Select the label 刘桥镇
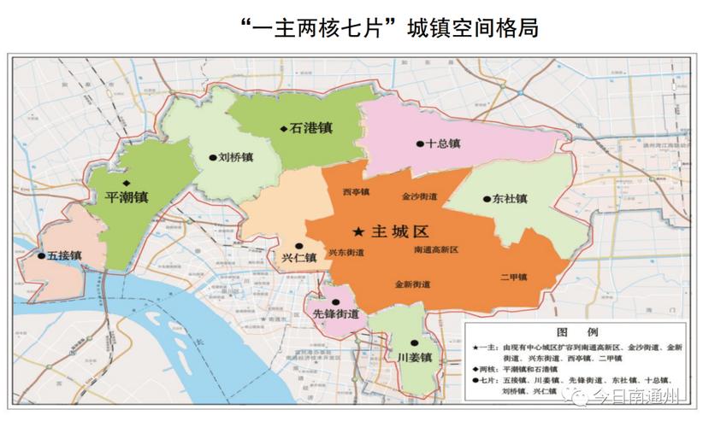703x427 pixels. [235, 157]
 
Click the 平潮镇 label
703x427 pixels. [126, 196]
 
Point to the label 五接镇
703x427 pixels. [64, 255]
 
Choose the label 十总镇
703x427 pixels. [443, 144]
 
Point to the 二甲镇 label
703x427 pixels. [513, 277]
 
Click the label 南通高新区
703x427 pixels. [434, 250]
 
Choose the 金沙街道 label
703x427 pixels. [419, 196]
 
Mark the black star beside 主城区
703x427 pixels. [357, 231]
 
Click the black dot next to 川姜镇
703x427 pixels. [413, 341]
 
